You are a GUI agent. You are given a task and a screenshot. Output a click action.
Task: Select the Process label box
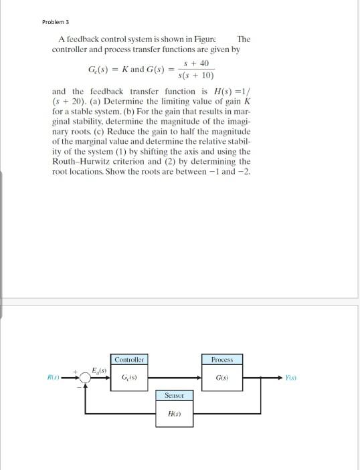221,360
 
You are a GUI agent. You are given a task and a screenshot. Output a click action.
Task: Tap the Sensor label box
173,396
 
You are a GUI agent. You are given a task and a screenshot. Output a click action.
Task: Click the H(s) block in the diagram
173,413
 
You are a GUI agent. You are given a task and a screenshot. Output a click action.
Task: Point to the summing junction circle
85,378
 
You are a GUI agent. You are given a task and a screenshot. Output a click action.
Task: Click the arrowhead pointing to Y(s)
280,378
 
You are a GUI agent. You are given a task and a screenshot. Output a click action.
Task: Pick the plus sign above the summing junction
78,370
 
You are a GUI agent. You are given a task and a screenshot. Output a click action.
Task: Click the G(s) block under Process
221,378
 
